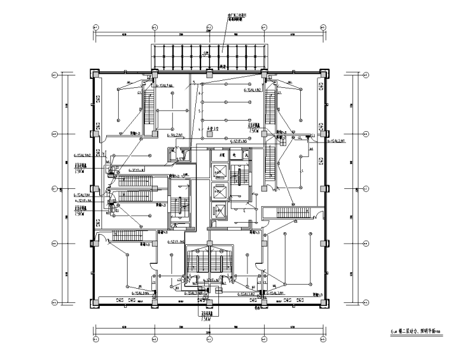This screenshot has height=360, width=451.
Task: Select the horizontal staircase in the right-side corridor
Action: click(292, 212)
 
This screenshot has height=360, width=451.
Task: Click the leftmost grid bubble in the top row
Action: click(96, 27)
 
